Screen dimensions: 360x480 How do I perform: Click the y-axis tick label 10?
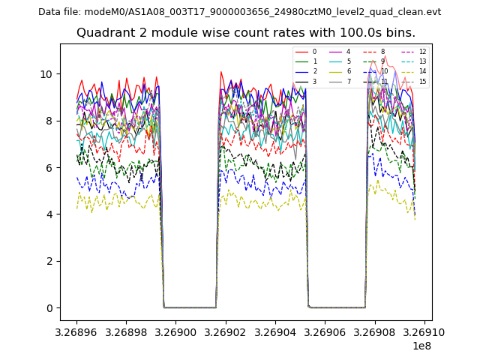(x=46, y=74)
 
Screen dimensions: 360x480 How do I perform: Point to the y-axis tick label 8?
(x=49, y=121)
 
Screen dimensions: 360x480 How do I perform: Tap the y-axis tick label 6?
(x=49, y=168)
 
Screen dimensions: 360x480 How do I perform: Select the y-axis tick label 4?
(x=49, y=214)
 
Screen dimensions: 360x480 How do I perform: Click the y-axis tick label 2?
(x=49, y=261)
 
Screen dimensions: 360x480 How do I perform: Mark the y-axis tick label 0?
(x=49, y=308)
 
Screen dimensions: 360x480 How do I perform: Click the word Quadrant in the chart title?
(x=103, y=33)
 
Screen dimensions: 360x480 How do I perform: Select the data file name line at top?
(x=240, y=12)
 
